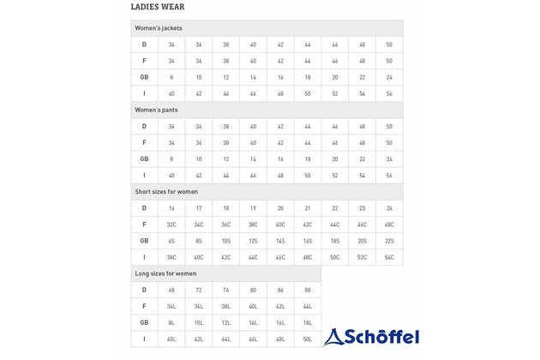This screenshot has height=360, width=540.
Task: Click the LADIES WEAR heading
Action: (157, 8)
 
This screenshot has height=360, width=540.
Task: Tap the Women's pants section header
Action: (155, 110)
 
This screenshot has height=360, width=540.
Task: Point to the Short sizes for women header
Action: (167, 191)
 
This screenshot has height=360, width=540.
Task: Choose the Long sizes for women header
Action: (166, 273)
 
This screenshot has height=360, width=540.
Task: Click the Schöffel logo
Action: (373, 336)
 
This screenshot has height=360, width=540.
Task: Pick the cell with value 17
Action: (199, 208)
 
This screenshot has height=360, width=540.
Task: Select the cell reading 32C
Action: (171, 225)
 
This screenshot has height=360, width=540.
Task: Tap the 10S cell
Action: (226, 241)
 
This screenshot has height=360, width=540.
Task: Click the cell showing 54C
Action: (389, 257)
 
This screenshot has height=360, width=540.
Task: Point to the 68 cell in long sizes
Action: (171, 290)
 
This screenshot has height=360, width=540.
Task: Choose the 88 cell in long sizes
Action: (308, 290)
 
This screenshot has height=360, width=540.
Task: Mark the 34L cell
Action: (171, 306)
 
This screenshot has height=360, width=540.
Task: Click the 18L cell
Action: (308, 322)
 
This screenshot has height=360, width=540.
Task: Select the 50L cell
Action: (308, 339)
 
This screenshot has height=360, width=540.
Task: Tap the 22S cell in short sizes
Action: (389, 241)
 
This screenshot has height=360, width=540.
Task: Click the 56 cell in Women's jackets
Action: (389, 93)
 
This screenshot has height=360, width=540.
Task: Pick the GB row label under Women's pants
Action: (144, 159)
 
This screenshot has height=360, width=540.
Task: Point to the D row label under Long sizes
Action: (144, 290)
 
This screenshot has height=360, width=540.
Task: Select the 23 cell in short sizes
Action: (362, 208)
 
